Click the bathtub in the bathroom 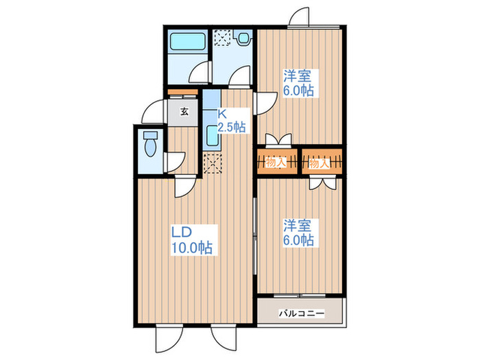point(189,40)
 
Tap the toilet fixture point(150,145)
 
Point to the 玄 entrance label point(184,111)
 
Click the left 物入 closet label point(275,163)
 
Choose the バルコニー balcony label point(301,314)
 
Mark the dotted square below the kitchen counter point(214,165)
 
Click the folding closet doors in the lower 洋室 point(321,182)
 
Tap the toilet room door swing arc point(173,161)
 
